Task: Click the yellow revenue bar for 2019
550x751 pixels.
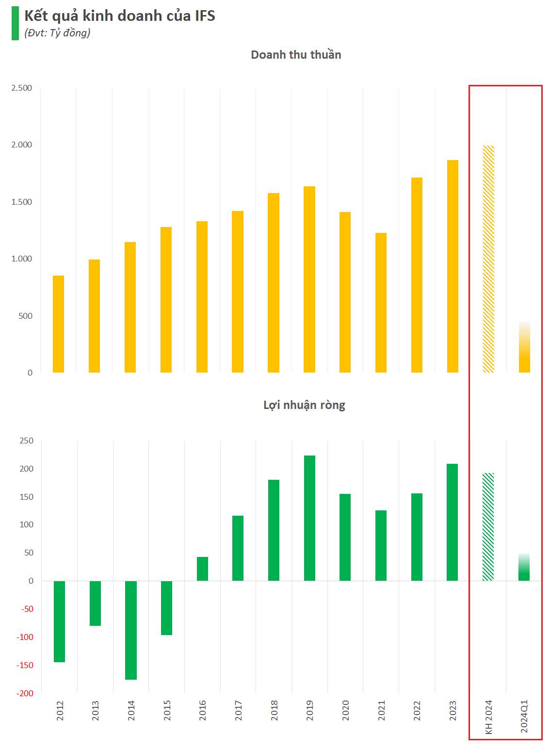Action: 309,279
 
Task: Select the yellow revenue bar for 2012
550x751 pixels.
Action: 58,324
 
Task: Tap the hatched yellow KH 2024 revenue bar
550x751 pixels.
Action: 488,259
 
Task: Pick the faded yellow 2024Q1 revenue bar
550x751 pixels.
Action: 524,347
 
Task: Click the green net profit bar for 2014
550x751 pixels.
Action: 131,630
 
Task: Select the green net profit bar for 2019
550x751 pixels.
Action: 309,518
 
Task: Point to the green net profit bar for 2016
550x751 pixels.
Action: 202,569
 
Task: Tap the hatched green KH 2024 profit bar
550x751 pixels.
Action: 488,527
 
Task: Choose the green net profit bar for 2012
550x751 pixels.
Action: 59,621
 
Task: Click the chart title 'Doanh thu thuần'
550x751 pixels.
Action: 296,55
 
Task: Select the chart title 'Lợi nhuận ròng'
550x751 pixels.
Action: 304,405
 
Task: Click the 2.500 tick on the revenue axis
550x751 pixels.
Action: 22,88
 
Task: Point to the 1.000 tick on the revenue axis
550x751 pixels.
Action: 22,259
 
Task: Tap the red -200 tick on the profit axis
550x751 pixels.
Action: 25,693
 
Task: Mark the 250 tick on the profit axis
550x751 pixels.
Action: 27,441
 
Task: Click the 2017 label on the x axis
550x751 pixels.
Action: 238,710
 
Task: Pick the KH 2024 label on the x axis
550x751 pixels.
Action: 488,717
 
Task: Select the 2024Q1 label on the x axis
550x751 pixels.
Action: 524,716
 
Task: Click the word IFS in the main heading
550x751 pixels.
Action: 205,16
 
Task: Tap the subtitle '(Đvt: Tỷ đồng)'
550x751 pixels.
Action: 57,33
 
